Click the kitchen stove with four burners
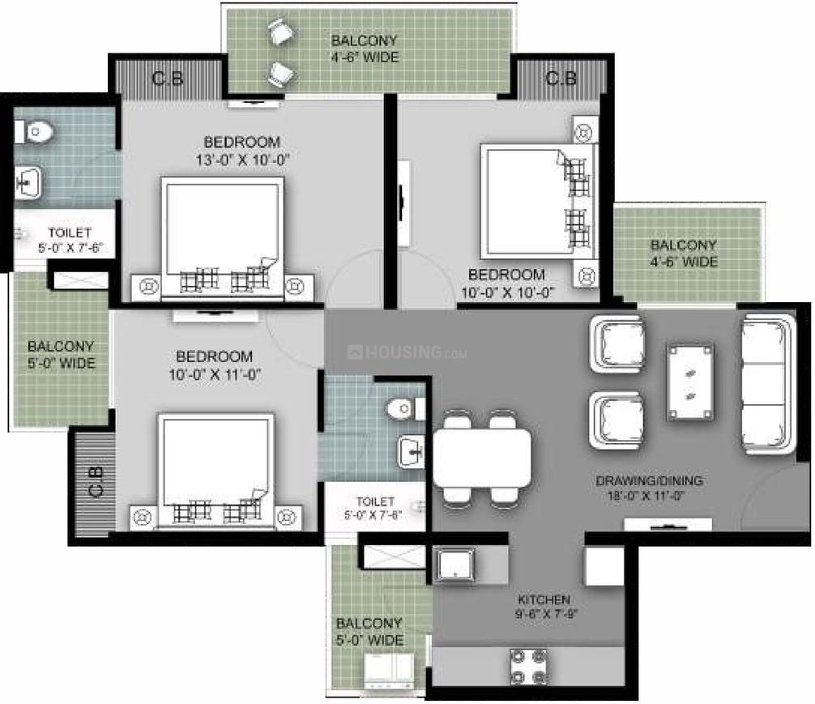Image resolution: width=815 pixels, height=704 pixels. (527, 666)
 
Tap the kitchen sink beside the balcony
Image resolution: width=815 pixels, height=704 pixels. (455, 564)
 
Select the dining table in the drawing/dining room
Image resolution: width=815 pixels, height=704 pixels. (482, 458)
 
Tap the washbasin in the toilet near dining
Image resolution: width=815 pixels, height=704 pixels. (411, 450)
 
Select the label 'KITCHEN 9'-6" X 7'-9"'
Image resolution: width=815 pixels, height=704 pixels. (545, 607)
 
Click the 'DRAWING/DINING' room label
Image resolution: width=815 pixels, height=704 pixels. (649, 480)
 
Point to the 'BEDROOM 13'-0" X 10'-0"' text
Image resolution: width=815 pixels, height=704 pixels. (242, 151)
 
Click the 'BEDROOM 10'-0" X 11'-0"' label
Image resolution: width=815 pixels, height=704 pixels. (215, 365)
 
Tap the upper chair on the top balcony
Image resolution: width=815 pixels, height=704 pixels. (282, 32)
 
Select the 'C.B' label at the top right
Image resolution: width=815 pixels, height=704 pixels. (561, 79)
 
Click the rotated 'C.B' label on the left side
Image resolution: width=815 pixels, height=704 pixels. (96, 482)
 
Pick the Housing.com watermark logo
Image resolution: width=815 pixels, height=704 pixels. (407, 352)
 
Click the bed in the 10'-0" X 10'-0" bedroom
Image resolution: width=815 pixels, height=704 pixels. (537, 201)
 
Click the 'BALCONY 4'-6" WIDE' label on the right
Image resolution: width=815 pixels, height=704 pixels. (684, 254)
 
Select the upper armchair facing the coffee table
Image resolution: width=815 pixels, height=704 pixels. (618, 343)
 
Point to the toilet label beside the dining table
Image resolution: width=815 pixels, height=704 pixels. (375, 508)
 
